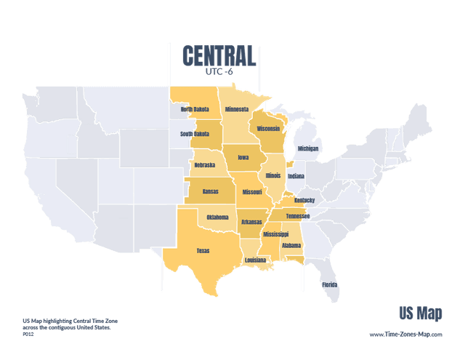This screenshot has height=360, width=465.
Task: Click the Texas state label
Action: pyautogui.click(x=203, y=251)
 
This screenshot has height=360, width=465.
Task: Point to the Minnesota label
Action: pyautogui.click(x=236, y=110)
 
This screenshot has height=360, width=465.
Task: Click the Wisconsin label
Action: pyautogui.click(x=268, y=129)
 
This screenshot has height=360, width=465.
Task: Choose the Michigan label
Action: pyautogui.click(x=308, y=148)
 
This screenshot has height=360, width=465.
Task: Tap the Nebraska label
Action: pyautogui.click(x=205, y=165)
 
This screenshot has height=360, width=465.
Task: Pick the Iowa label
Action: pyautogui.click(x=243, y=156)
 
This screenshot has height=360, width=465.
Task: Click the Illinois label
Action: pyautogui.click(x=272, y=175)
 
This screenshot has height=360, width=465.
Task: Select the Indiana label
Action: pyautogui.click(x=296, y=175)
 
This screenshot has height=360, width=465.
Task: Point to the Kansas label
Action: pyautogui.click(x=210, y=192)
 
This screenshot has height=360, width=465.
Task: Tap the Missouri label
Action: pyautogui.click(x=252, y=192)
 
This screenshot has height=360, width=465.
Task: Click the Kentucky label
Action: pyautogui.click(x=305, y=200)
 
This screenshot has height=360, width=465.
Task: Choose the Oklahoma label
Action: pyautogui.click(x=217, y=217)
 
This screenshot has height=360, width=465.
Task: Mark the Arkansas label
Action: pyautogui.click(x=251, y=222)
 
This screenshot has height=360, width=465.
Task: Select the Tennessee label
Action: pyautogui.click(x=297, y=216)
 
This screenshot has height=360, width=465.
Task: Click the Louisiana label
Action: pyautogui.click(x=255, y=260)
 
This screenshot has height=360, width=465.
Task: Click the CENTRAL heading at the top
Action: pyautogui.click(x=219, y=55)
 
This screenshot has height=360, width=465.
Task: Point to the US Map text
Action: pyautogui.click(x=420, y=313)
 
